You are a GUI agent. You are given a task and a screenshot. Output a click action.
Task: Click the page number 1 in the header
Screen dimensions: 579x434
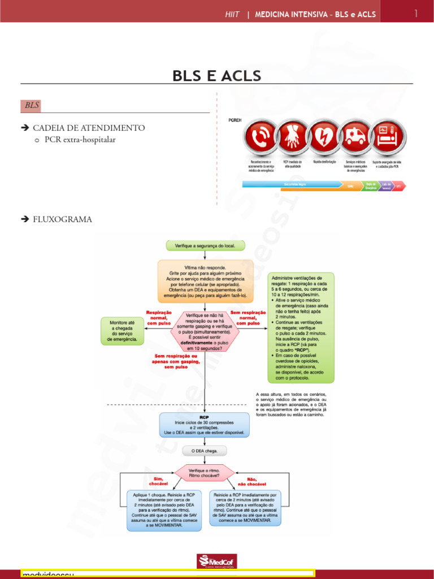[415, 14]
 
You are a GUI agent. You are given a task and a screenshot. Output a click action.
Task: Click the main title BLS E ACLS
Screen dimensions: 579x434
[217, 76]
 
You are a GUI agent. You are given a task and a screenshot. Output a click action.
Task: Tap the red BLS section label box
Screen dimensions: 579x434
[32, 106]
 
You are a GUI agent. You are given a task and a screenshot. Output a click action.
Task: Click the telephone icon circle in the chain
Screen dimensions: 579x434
[260, 138]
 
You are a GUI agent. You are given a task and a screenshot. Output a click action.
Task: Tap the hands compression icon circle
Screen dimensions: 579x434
[293, 138]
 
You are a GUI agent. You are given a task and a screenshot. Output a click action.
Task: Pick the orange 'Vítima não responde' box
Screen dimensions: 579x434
[205, 281]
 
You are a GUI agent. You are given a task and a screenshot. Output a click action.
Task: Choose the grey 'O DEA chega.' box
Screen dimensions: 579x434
[205, 451]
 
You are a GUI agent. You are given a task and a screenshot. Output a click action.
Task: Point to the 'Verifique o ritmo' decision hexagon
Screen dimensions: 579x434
[204, 473]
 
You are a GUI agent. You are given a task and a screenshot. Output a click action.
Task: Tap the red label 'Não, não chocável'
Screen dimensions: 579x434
[248, 481]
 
